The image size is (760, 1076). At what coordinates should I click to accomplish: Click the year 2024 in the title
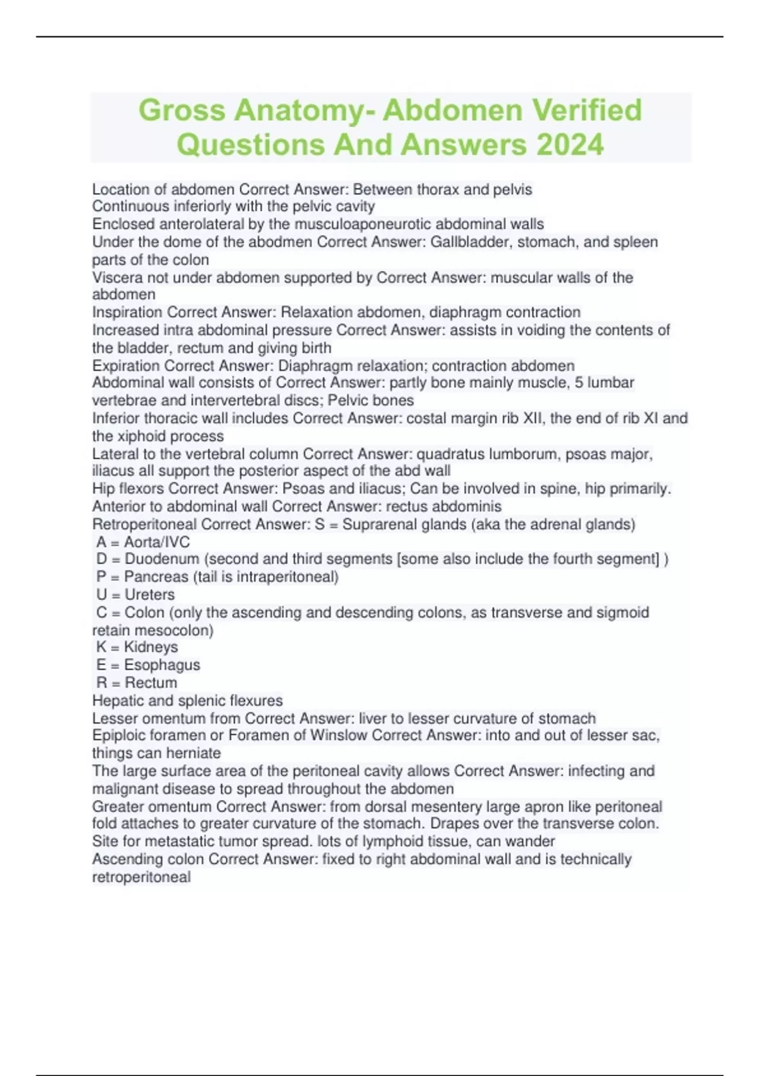pos(569,144)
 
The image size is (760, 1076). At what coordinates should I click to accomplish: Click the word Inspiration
pos(127,312)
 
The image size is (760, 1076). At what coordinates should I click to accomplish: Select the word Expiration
pos(126,366)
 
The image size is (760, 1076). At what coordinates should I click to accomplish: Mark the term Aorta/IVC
pos(156,542)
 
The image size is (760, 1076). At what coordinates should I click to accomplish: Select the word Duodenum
pos(161,559)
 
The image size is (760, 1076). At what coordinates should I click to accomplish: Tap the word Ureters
pos(149,594)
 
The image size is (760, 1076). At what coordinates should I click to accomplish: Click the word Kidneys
pos(151,647)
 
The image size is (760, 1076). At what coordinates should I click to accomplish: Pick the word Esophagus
pos(162,665)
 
